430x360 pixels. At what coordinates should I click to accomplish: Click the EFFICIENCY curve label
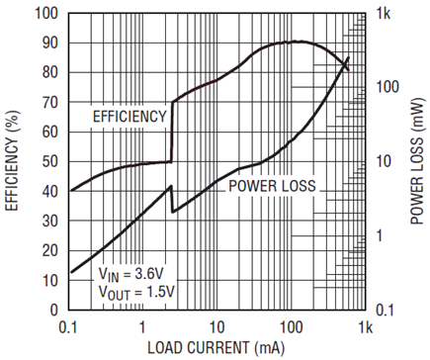(129, 117)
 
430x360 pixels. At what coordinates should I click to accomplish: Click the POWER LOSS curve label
(272, 186)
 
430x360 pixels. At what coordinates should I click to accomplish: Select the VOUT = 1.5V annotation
(136, 293)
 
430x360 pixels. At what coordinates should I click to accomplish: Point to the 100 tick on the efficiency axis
(46, 14)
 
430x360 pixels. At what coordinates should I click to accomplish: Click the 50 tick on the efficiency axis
(50, 162)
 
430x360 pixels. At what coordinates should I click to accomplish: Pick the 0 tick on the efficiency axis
(54, 311)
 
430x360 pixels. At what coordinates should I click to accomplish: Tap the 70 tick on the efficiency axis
(50, 103)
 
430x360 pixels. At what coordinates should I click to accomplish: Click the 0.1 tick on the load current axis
(68, 327)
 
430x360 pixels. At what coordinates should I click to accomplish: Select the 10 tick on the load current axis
(216, 327)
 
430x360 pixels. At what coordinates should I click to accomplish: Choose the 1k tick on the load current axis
(365, 327)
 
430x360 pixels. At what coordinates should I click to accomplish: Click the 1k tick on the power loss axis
(384, 14)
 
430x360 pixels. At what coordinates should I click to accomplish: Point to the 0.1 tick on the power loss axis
(385, 311)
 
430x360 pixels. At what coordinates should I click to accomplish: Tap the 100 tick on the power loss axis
(387, 87)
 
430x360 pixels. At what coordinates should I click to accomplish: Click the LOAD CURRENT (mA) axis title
(215, 348)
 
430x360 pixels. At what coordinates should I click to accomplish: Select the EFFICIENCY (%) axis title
(12, 160)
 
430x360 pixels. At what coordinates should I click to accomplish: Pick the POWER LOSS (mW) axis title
(416, 161)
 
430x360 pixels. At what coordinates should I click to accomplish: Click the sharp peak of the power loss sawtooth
(171, 186)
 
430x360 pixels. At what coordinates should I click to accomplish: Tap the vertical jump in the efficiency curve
(172, 132)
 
